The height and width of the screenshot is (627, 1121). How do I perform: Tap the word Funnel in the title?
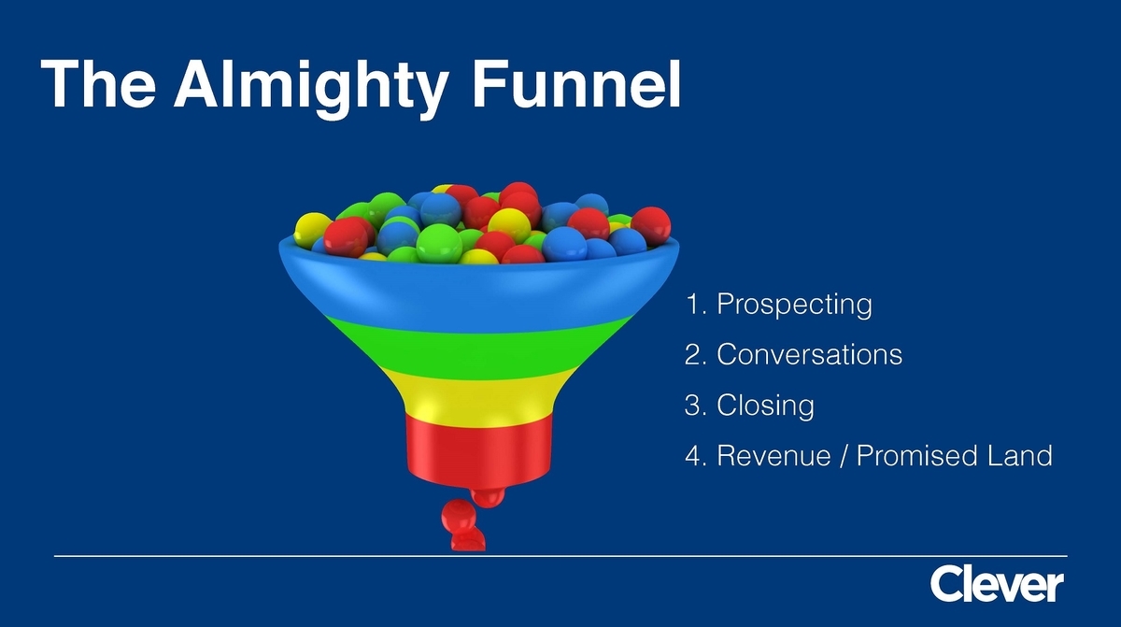[x=576, y=83]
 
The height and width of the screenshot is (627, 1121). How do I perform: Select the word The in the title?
[x=98, y=83]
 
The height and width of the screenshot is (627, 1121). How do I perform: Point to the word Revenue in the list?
[x=773, y=455]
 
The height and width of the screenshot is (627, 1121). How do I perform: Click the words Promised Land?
[x=955, y=455]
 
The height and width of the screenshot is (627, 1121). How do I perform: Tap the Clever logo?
[x=997, y=583]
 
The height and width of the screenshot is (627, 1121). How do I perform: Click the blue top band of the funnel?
[x=479, y=291]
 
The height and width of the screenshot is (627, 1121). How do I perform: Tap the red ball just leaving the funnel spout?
[x=488, y=496]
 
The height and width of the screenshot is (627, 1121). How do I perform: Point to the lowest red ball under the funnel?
[x=468, y=540]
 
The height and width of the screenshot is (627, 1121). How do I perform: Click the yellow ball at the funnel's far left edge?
[x=312, y=230]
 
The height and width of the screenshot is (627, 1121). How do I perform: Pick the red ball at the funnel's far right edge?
[x=650, y=225]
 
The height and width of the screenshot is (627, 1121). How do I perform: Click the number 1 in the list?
[x=692, y=304]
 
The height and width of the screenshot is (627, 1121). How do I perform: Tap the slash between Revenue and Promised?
[x=844, y=456]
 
